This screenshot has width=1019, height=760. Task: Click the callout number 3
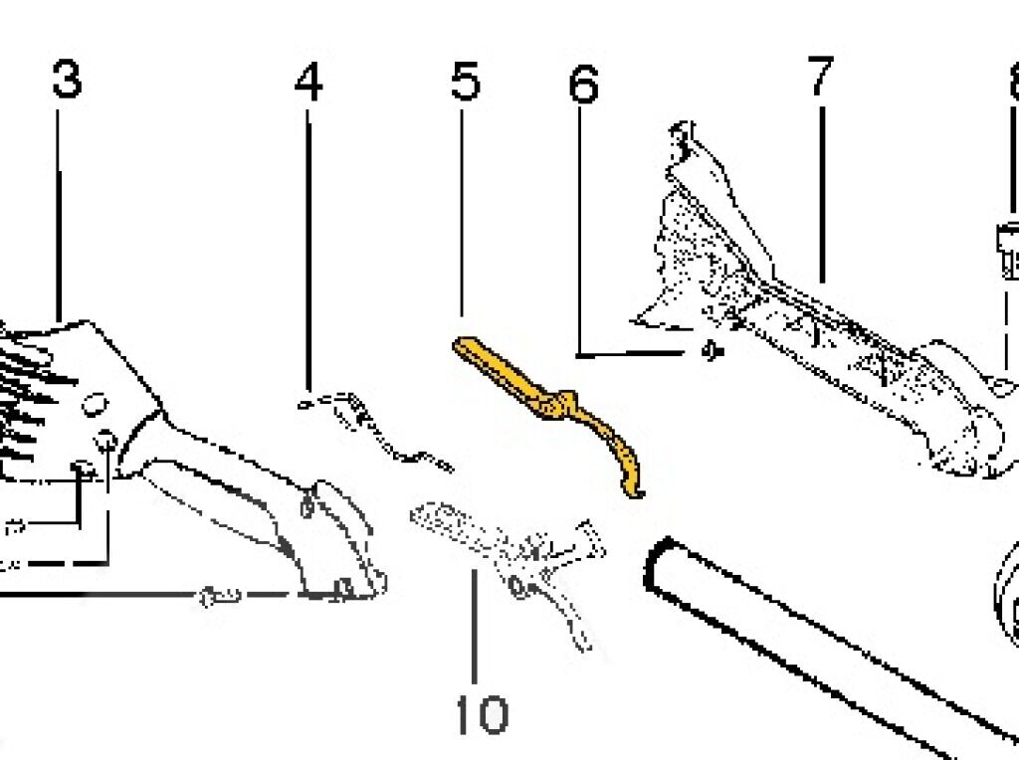[66, 80]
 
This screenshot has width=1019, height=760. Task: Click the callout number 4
[308, 83]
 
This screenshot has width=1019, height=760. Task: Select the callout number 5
[465, 82]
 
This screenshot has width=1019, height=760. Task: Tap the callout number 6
[583, 86]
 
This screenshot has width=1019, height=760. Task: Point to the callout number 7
[819, 78]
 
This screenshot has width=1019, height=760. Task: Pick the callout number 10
[482, 714]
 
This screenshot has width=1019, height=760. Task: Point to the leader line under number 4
[308, 249]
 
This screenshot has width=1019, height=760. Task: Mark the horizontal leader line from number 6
[627, 353]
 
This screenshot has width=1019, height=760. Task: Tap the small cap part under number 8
[1007, 249]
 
